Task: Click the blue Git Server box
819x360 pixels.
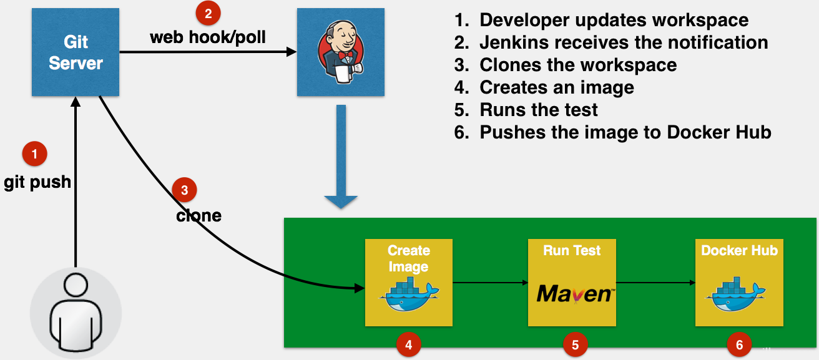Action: pyautogui.click(x=76, y=52)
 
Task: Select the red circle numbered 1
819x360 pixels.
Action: pyautogui.click(x=34, y=153)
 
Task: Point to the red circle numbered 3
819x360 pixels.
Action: pyautogui.click(x=184, y=190)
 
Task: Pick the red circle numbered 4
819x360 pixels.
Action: pyautogui.click(x=408, y=344)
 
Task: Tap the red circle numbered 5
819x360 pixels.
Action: pyautogui.click(x=575, y=344)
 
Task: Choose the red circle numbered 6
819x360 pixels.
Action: pyautogui.click(x=740, y=344)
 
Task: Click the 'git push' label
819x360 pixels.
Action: pyautogui.click(x=37, y=183)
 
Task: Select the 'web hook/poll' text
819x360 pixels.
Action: pyautogui.click(x=208, y=37)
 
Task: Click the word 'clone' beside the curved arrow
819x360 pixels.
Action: pyautogui.click(x=199, y=216)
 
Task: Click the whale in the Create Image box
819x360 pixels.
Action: pyautogui.click(x=408, y=294)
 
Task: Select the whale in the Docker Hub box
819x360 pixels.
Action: pyautogui.click(x=739, y=294)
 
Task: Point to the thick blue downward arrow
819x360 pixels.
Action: pyautogui.click(x=341, y=156)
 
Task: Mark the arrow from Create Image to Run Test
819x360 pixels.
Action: pyautogui.click(x=490, y=283)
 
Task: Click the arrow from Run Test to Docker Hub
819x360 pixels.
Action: pyautogui.click(x=655, y=283)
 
